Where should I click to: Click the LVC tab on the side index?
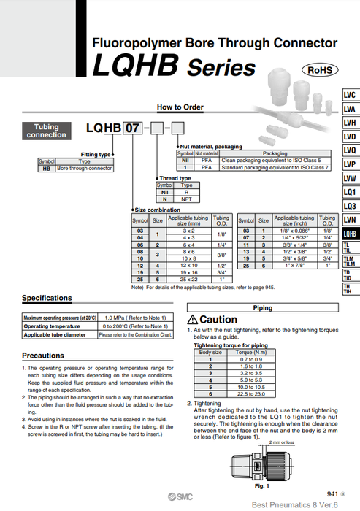(350, 96)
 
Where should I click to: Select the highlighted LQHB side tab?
(350, 234)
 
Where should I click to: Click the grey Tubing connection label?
(46, 131)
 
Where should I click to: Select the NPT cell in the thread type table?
(185, 199)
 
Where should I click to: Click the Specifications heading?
(47, 298)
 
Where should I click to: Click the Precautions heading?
(43, 355)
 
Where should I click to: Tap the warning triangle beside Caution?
(193, 320)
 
